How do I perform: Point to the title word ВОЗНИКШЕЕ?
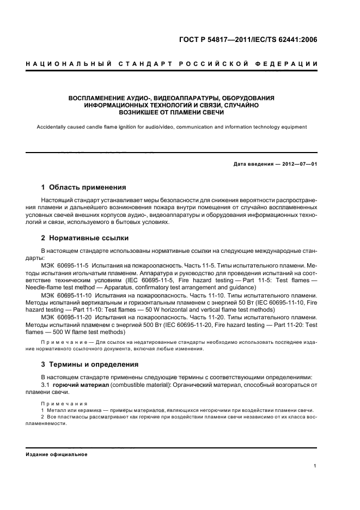(x=139, y=112)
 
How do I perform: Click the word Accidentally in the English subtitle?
(x=52, y=127)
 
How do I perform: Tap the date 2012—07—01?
(x=299, y=163)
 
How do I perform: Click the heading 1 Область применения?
(x=84, y=187)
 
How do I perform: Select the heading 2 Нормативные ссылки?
(x=85, y=238)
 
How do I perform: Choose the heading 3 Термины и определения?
(x=90, y=364)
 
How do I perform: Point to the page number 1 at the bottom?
(x=315, y=465)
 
